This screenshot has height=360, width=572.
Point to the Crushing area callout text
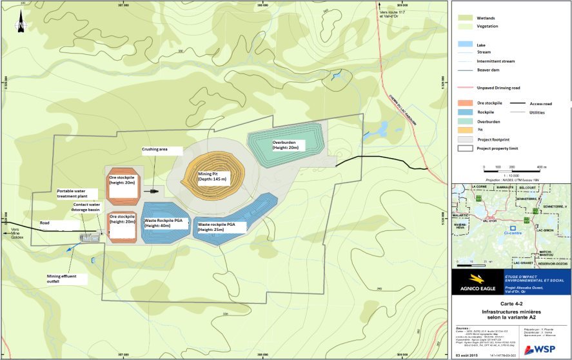(155, 149)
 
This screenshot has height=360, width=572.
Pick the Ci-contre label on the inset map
(513, 234)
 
